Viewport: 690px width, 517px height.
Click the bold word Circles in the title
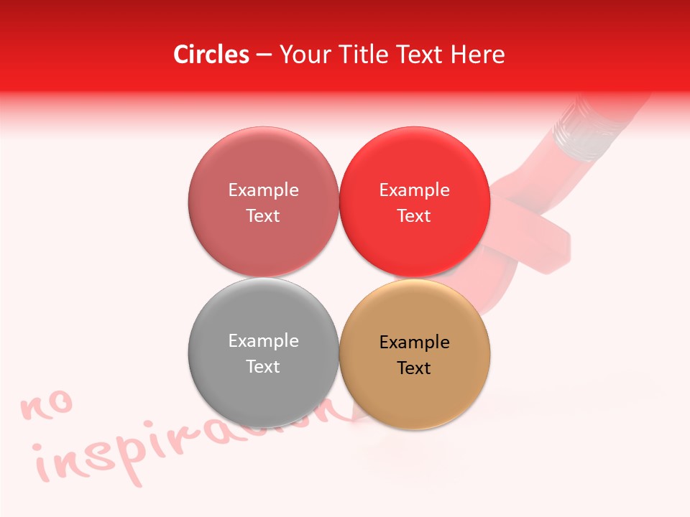[x=211, y=55]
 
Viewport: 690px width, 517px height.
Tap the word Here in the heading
[x=478, y=55]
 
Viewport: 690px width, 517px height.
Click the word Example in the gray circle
[x=263, y=340]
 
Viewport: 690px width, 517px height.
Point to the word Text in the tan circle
[x=414, y=368]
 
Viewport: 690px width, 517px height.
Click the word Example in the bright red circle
[x=414, y=190]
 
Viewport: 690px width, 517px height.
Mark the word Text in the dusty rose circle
[x=263, y=215]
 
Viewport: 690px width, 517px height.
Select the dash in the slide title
[x=264, y=55]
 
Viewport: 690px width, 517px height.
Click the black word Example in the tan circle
[x=414, y=342]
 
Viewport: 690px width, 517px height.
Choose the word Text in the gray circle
[x=263, y=366]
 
